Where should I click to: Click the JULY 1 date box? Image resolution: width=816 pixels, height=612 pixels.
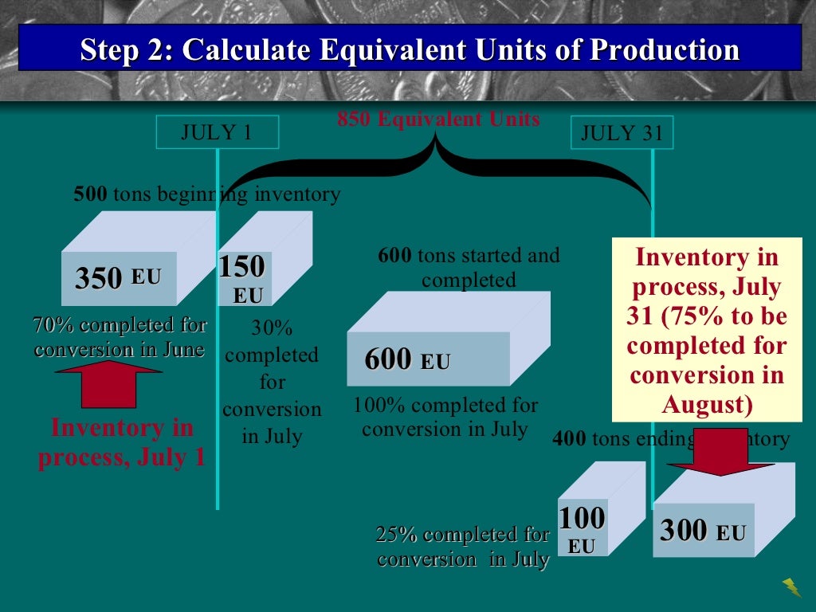tap(217, 132)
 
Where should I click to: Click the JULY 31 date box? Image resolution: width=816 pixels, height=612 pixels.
tap(622, 133)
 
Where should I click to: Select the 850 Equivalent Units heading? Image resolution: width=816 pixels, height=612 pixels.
tap(438, 120)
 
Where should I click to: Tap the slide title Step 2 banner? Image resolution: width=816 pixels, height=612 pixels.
tap(410, 49)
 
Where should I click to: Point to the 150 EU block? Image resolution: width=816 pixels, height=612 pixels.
tap(243, 279)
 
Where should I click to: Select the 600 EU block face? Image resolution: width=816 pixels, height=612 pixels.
tap(428, 359)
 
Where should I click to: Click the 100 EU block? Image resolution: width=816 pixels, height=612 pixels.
tap(582, 529)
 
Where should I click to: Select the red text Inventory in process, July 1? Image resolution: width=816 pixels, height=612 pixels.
tap(122, 442)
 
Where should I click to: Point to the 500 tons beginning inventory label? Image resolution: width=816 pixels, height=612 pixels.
tap(206, 194)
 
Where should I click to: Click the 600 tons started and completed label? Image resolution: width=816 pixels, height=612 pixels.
tap(469, 268)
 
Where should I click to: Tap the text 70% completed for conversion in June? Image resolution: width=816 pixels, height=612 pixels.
tap(120, 337)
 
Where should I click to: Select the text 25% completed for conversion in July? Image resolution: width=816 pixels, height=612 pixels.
tap(463, 547)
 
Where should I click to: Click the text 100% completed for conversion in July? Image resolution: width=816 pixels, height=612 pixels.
tap(445, 417)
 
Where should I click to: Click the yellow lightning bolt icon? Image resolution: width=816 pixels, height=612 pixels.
tap(792, 587)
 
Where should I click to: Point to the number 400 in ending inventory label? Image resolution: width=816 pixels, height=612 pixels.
tap(568, 438)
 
